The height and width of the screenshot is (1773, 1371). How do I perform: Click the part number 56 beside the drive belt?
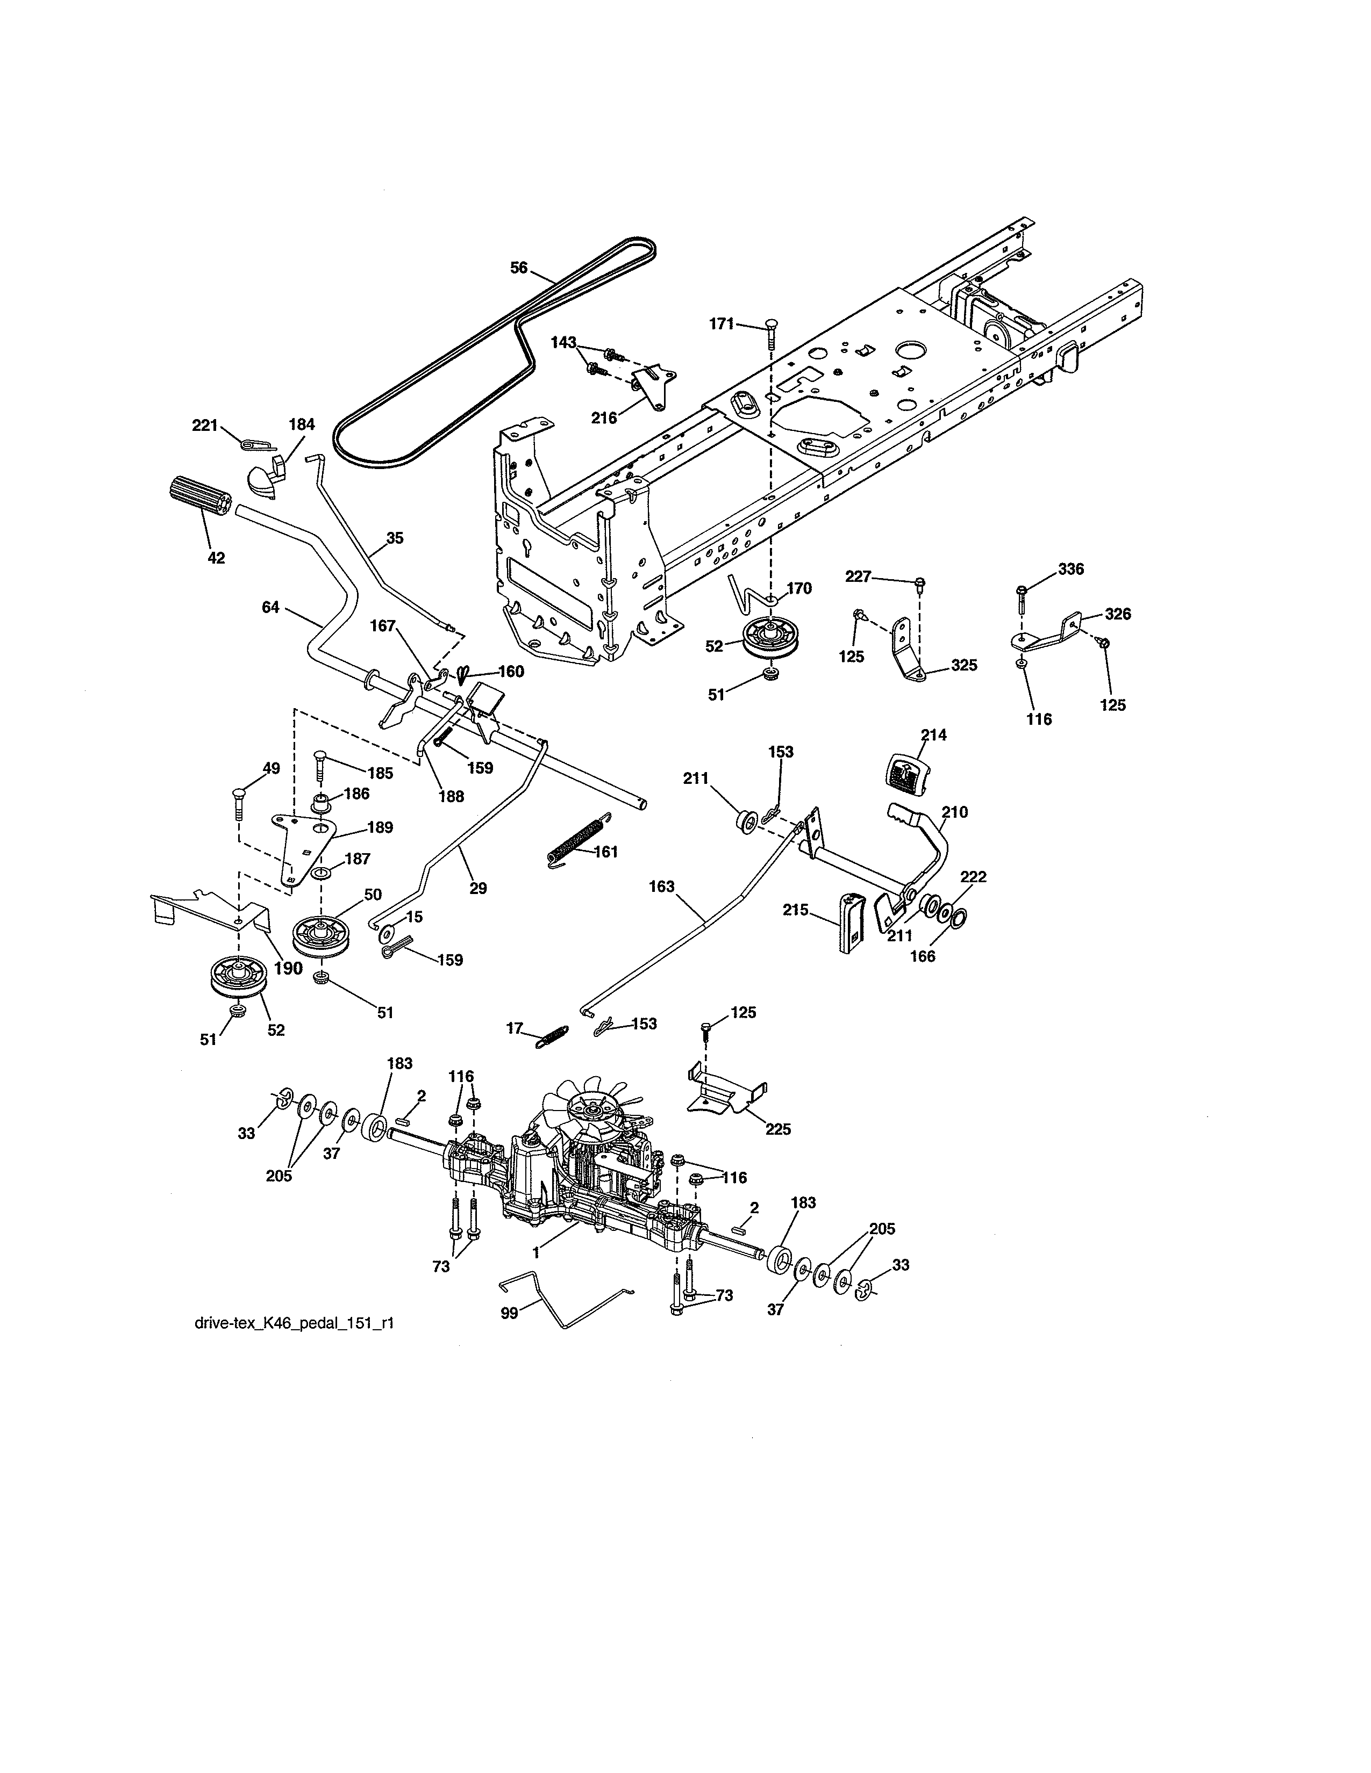518,267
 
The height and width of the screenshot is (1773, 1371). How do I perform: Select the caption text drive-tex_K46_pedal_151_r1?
295,1323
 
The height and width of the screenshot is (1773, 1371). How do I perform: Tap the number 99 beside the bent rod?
509,1313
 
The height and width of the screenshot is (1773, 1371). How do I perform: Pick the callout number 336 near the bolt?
1070,569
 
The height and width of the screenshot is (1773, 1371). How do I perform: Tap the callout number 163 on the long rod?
661,886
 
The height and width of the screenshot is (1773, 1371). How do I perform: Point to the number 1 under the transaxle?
536,1252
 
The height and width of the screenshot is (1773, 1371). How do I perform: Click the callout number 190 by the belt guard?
288,968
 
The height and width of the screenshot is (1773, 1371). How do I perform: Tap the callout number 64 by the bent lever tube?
270,607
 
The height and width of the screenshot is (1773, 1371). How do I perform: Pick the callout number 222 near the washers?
973,877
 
